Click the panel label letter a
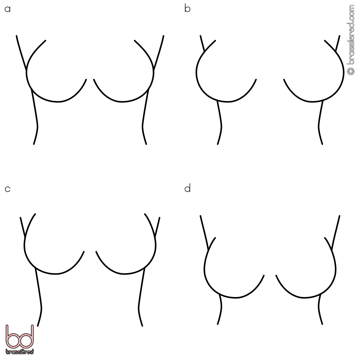[8, 9]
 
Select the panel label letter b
[187, 8]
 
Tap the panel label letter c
[8, 189]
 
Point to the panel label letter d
[187, 188]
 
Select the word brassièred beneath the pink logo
[20, 352]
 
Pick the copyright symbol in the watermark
[351, 71]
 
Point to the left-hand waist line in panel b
[220, 123]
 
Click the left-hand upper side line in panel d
[204, 233]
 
